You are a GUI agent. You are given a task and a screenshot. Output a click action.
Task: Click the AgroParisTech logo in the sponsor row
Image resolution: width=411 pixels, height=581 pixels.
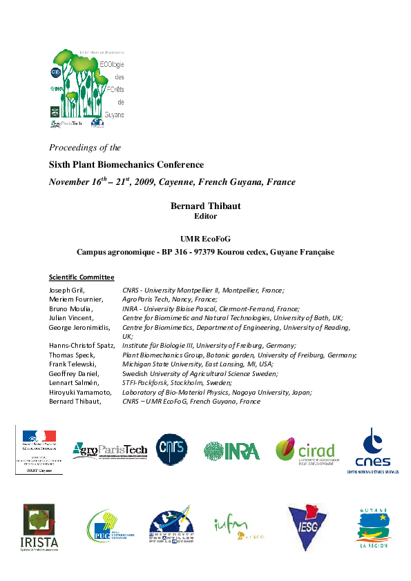(110, 450)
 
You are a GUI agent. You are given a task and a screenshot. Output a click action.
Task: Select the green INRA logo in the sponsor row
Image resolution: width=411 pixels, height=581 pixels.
(231, 451)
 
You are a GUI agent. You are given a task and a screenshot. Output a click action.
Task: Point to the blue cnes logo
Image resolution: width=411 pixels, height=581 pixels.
(373, 449)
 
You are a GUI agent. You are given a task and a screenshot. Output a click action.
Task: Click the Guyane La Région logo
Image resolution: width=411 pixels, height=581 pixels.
(373, 528)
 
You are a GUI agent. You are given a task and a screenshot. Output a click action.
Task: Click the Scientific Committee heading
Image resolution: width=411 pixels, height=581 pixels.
(81, 277)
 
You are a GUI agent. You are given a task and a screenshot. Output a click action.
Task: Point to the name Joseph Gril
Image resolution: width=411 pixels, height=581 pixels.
(66, 291)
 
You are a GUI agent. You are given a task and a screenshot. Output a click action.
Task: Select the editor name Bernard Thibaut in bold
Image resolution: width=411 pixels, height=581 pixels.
(205, 206)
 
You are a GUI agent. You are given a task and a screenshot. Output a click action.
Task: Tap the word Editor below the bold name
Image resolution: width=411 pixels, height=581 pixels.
(205, 215)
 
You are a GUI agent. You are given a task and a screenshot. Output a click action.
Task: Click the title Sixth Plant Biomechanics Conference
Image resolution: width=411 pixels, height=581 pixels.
(126, 165)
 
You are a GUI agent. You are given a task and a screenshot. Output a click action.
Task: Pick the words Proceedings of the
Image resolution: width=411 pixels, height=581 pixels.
(85, 147)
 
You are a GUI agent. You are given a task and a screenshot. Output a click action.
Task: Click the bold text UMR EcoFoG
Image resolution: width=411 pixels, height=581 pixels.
(205, 237)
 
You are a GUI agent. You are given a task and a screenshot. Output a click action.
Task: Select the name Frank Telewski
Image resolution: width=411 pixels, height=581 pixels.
(73, 364)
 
